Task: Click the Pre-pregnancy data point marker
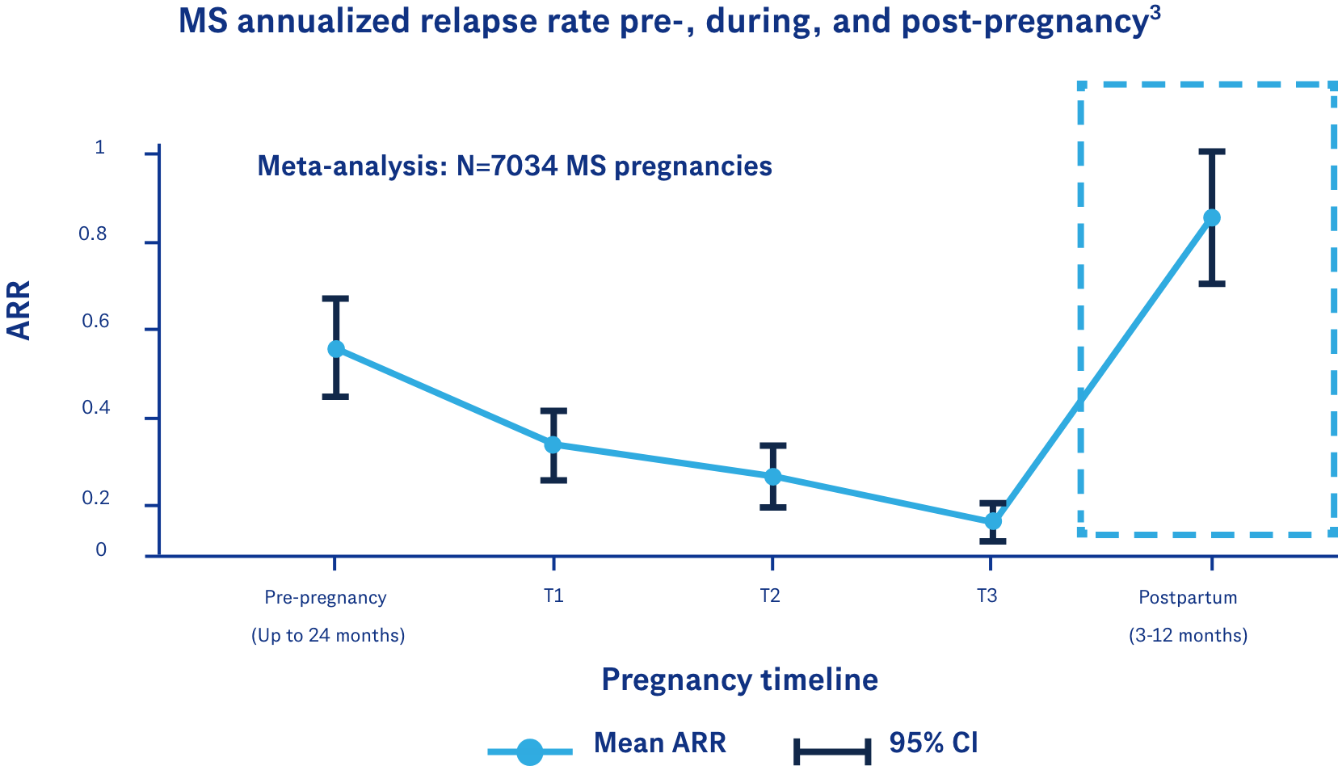pyautogui.click(x=336, y=349)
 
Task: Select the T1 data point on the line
pyautogui.click(x=553, y=444)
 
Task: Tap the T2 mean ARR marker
pyautogui.click(x=772, y=477)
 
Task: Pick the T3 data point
pyautogui.click(x=993, y=521)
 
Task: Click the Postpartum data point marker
pyautogui.click(x=1212, y=217)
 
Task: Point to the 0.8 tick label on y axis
pyautogui.click(x=93, y=235)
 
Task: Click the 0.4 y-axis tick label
pyautogui.click(x=95, y=408)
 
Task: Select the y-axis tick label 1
pyautogui.click(x=100, y=148)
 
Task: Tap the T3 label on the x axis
pyautogui.click(x=987, y=596)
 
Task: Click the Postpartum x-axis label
pyautogui.click(x=1188, y=598)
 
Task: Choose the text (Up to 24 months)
pyautogui.click(x=328, y=636)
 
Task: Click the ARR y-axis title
pyautogui.click(x=19, y=310)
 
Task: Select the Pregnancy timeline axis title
pyautogui.click(x=739, y=680)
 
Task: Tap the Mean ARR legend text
pyautogui.click(x=659, y=743)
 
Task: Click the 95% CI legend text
pyautogui.click(x=933, y=743)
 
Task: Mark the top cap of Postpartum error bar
pyautogui.click(x=1212, y=151)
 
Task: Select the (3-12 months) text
pyautogui.click(x=1188, y=636)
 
